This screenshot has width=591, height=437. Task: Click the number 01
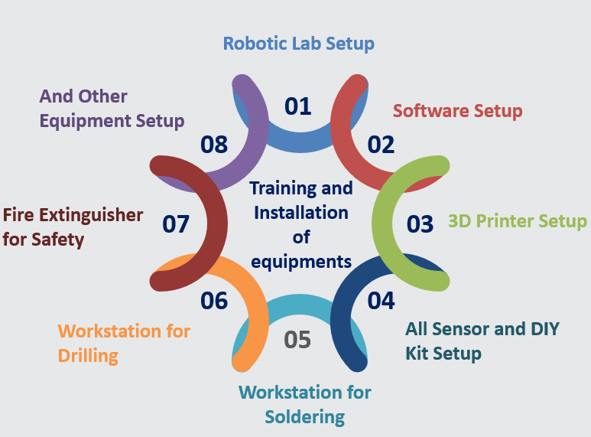point(298,106)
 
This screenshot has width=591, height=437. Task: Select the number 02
point(380,145)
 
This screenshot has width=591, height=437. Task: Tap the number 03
point(419,223)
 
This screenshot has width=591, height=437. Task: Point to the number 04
point(380,300)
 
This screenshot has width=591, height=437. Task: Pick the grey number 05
point(297,338)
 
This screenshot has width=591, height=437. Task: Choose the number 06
point(214,301)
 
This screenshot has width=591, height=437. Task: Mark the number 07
point(175,223)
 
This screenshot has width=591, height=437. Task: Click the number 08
point(214,145)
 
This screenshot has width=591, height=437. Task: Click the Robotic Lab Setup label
point(298,43)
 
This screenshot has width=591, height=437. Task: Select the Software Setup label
point(457,111)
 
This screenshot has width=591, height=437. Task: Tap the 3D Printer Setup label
point(518,222)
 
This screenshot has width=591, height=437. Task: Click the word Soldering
point(305,417)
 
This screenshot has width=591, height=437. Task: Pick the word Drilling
point(88,356)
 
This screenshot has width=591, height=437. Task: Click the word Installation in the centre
point(300,212)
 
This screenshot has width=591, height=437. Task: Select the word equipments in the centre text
point(300,261)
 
